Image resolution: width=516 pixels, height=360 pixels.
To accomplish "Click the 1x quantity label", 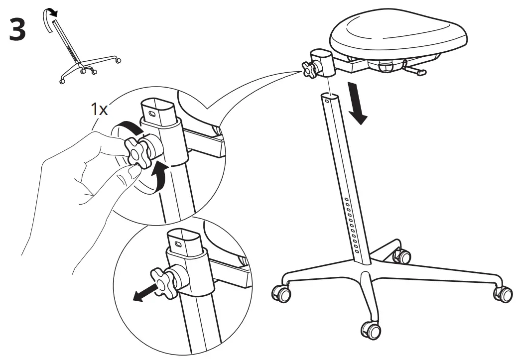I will (x=99, y=110).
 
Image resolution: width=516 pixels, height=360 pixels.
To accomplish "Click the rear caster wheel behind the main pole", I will (x=401, y=256).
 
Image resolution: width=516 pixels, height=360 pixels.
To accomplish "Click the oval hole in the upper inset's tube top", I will (x=153, y=113).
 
